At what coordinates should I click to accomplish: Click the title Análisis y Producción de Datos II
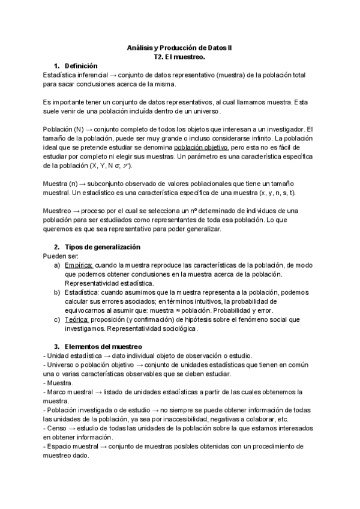179,47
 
